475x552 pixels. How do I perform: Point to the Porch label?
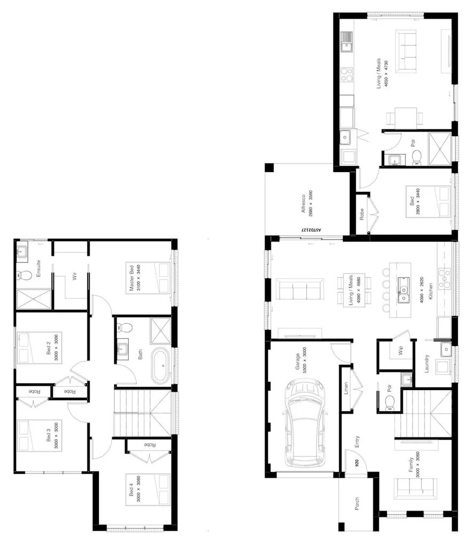click(x=357, y=503)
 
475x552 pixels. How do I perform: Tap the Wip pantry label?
click(x=400, y=352)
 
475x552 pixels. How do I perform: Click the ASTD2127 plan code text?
click(x=312, y=229)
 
